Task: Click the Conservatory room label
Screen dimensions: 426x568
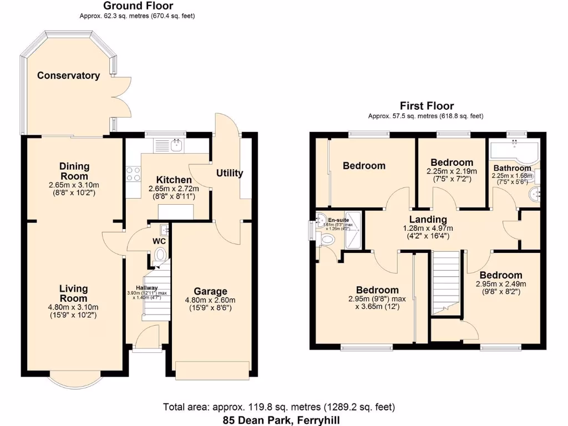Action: click(68, 75)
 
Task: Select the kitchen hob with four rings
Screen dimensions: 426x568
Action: click(133, 174)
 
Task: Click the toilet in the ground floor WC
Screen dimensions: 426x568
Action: click(160, 255)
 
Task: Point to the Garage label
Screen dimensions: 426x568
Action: click(210, 291)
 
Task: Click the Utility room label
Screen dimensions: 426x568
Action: click(230, 173)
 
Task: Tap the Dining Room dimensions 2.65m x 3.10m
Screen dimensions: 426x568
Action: click(75, 185)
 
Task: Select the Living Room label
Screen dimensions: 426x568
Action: click(74, 293)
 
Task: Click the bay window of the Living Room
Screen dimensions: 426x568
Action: click(75, 382)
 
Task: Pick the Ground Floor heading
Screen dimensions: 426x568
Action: click(138, 6)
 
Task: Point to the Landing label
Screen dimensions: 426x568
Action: click(428, 220)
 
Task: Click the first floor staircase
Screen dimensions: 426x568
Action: click(447, 283)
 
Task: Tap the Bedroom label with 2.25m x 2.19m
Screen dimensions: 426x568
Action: click(452, 163)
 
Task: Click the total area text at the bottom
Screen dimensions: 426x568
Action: click(280, 407)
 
